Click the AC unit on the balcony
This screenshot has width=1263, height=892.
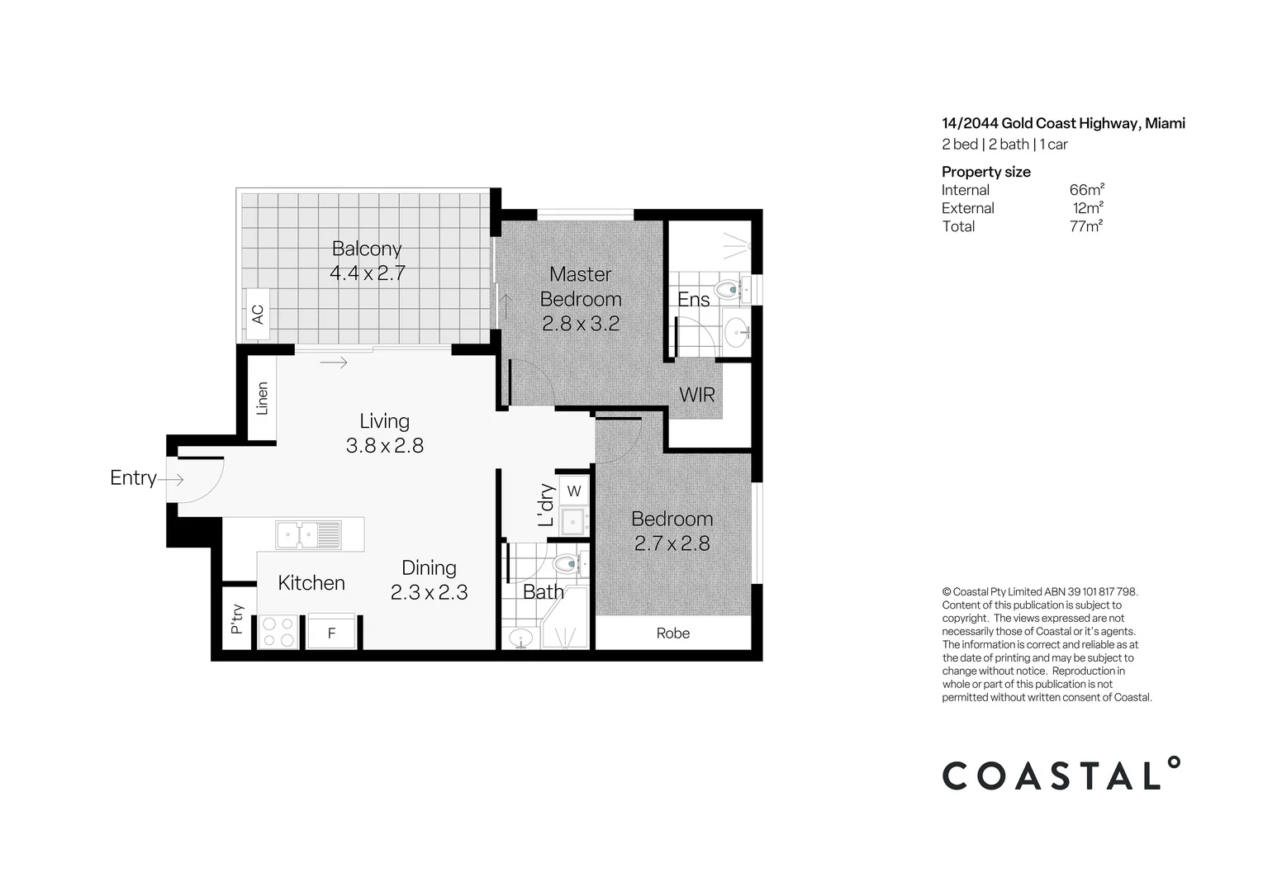(258, 314)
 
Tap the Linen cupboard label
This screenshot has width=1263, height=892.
(262, 397)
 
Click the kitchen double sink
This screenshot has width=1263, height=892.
(308, 534)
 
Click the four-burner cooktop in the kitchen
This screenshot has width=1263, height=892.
(278, 632)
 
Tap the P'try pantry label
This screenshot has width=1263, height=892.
(236, 619)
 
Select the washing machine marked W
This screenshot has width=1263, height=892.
(574, 491)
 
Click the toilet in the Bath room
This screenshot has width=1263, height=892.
(568, 565)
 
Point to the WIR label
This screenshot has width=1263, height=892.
(696, 395)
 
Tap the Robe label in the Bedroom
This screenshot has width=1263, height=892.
(672, 633)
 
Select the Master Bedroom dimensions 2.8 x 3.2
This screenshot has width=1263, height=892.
(580, 324)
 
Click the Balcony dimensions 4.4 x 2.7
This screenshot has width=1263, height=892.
(367, 273)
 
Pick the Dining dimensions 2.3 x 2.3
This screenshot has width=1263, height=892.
(429, 592)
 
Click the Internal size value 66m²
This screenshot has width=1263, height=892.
(1086, 190)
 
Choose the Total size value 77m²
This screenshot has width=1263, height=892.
(1085, 226)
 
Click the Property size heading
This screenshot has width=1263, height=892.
(985, 172)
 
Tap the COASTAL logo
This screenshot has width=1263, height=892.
(1061, 775)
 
